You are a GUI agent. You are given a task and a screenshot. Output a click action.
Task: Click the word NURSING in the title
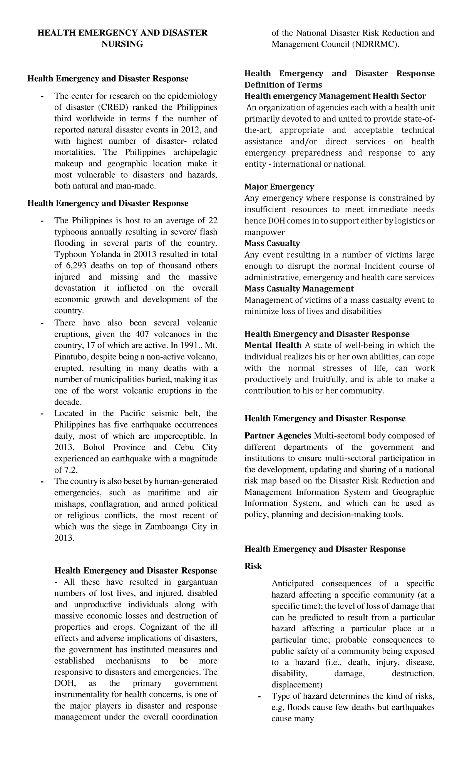tap(122, 44)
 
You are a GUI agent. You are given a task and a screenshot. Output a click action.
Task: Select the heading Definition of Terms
tap(283, 85)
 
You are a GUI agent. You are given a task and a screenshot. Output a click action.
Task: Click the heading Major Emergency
tap(279, 187)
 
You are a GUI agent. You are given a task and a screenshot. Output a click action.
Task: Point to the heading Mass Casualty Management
tap(299, 289)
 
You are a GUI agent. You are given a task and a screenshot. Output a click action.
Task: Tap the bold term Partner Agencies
tap(278, 436)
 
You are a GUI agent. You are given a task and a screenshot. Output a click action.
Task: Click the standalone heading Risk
tap(253, 566)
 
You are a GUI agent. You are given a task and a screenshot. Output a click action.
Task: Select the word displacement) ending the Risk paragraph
tap(297, 685)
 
